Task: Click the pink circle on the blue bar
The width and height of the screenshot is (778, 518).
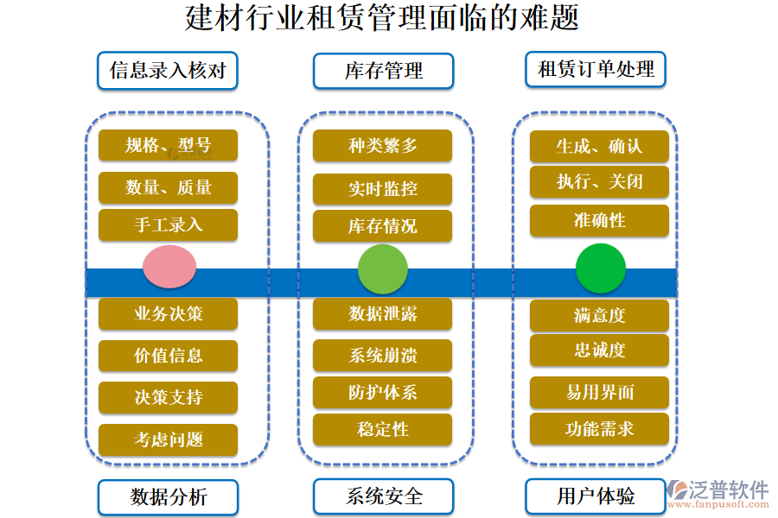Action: click(169, 267)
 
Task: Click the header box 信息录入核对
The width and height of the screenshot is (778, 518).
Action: click(168, 70)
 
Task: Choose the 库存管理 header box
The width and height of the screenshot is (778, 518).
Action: click(383, 71)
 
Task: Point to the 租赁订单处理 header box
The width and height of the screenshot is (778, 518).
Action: click(596, 69)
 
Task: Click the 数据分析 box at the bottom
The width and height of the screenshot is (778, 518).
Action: click(168, 496)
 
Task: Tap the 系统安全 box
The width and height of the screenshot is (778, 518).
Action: click(383, 496)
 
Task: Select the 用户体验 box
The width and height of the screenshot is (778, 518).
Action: click(596, 496)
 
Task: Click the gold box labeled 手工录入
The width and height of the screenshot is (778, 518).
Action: click(168, 224)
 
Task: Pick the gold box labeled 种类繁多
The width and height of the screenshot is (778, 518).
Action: click(383, 146)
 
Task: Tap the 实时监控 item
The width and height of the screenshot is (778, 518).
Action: click(383, 189)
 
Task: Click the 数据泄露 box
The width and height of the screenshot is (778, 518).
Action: click(383, 314)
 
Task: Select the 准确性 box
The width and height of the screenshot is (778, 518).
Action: click(599, 220)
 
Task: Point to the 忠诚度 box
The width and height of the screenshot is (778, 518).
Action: click(599, 350)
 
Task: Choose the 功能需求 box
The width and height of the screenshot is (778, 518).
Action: click(599, 428)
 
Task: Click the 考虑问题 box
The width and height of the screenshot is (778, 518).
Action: click(168, 439)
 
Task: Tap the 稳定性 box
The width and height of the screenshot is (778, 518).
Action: click(383, 429)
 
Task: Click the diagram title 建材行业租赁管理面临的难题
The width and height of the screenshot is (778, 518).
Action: click(381, 18)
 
